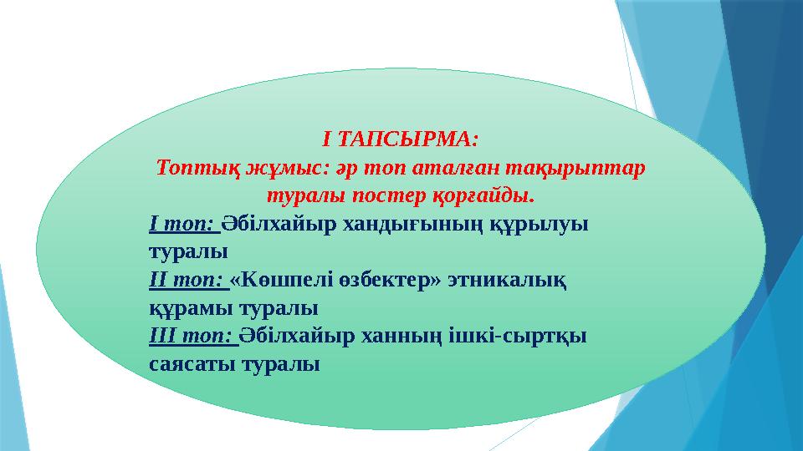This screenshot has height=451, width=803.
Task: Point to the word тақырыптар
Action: click(x=582, y=167)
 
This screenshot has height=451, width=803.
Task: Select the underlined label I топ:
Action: click(x=182, y=224)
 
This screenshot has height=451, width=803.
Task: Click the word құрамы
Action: click(x=185, y=308)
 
